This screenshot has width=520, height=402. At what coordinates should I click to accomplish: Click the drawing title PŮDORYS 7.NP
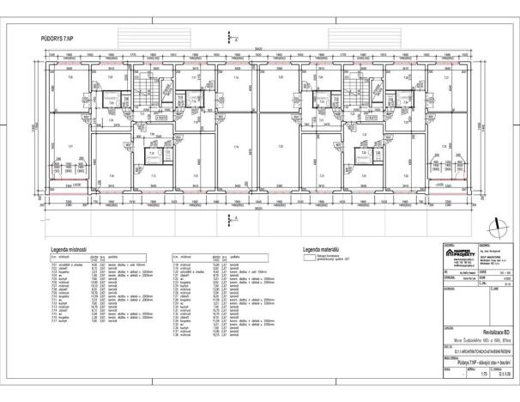point(57,40)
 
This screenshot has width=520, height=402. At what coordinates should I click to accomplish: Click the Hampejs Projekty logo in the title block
point(457,253)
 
